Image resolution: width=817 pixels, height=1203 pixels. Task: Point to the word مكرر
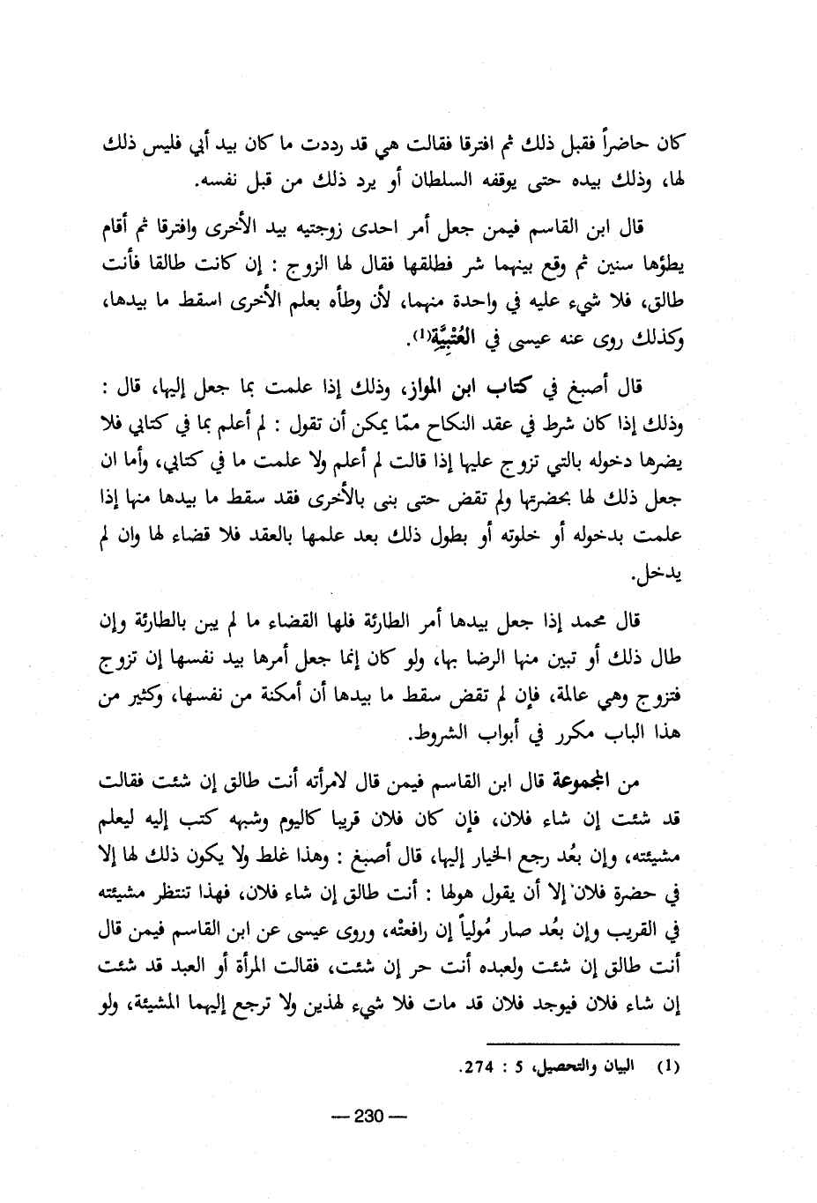[577, 735]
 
